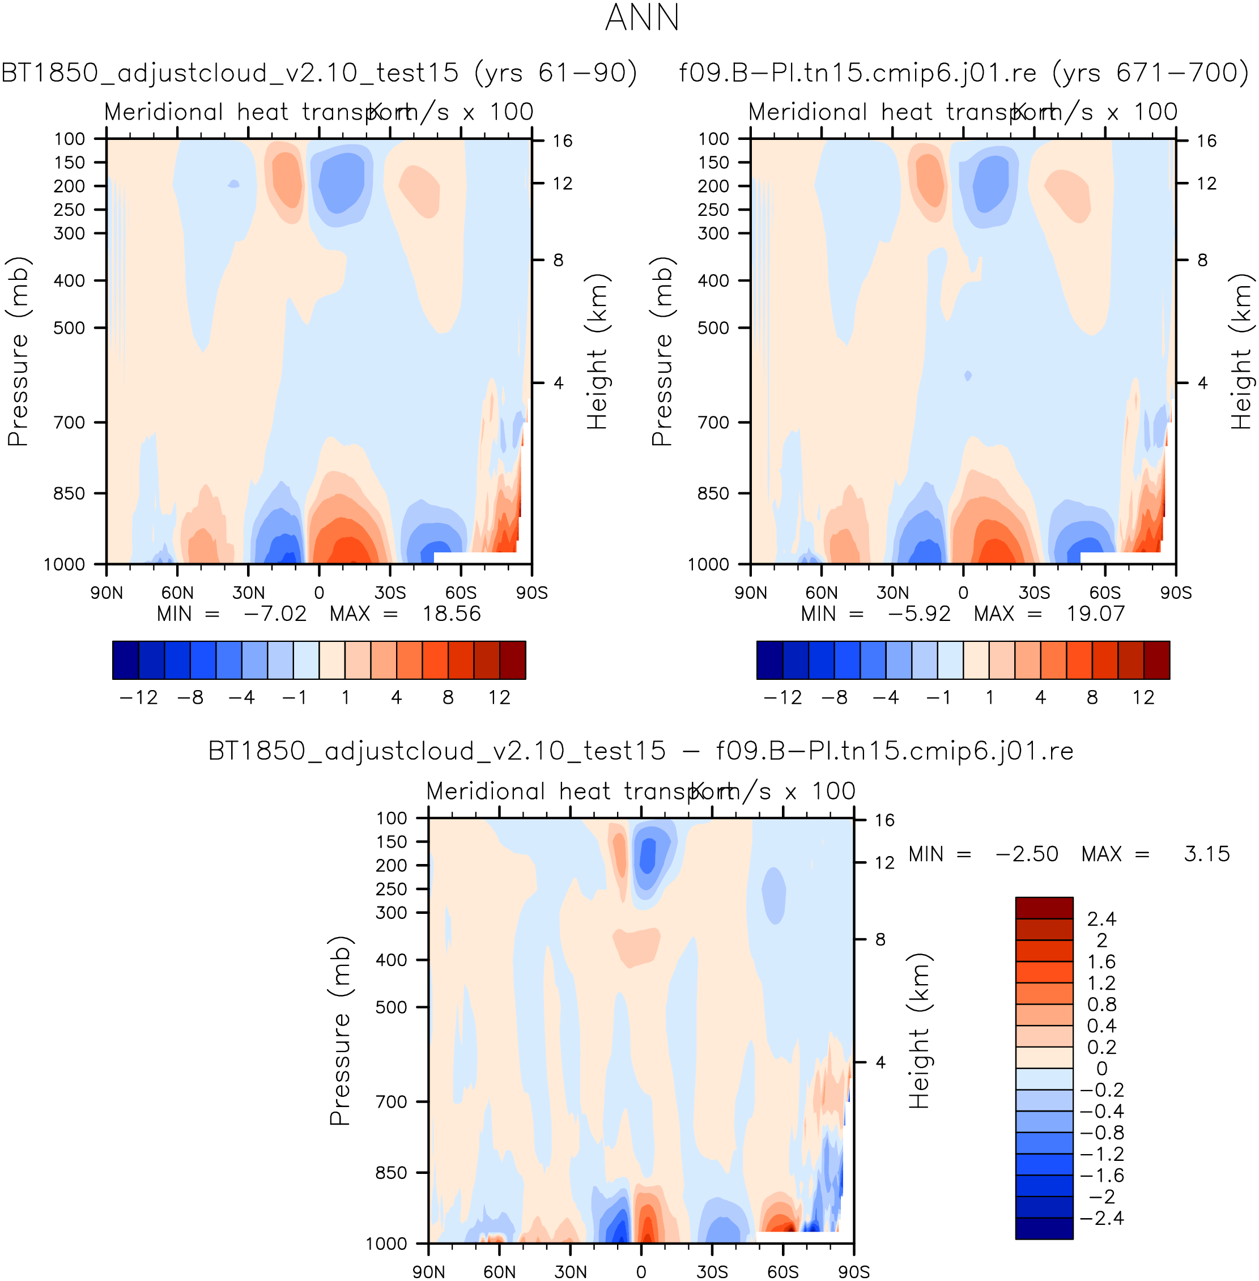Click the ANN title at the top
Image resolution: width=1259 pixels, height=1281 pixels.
[x=642, y=18]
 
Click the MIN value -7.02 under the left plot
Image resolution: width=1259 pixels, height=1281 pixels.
[x=274, y=614]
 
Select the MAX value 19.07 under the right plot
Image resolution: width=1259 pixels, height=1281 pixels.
[x=1095, y=614]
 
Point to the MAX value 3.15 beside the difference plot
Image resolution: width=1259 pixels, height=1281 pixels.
[x=1206, y=854]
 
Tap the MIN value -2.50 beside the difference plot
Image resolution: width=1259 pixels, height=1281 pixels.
[x=1026, y=854]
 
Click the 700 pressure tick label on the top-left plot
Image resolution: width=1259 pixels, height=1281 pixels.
[x=70, y=422]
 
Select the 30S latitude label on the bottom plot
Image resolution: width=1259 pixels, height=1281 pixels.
[x=712, y=1272]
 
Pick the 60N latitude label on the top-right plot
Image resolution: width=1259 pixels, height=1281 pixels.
[x=821, y=593]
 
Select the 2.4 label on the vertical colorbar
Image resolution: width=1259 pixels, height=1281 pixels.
[x=1101, y=918]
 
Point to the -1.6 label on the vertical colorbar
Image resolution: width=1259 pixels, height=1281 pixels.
[x=1101, y=1175]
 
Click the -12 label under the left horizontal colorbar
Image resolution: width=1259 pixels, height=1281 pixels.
[x=138, y=697]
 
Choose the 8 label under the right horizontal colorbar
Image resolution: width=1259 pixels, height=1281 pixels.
[x=1092, y=697]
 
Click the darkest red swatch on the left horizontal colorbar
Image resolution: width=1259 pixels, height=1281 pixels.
[x=512, y=660]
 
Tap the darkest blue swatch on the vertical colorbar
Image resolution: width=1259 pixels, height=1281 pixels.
[x=1044, y=1228]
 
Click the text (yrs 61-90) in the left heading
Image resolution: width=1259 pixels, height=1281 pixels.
[x=555, y=73]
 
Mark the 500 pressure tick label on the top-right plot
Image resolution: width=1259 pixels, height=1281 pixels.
[x=713, y=328]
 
